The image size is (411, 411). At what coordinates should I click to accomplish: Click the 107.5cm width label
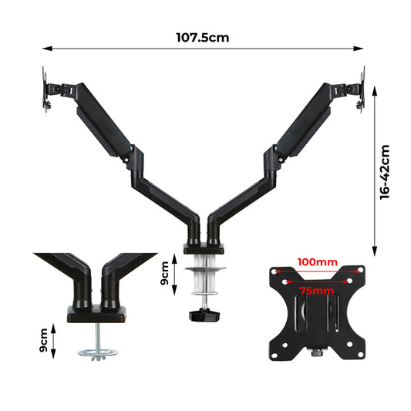click(x=203, y=36)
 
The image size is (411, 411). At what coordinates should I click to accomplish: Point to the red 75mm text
click(x=317, y=291)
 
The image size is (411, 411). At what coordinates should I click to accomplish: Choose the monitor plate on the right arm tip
click(x=361, y=89)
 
